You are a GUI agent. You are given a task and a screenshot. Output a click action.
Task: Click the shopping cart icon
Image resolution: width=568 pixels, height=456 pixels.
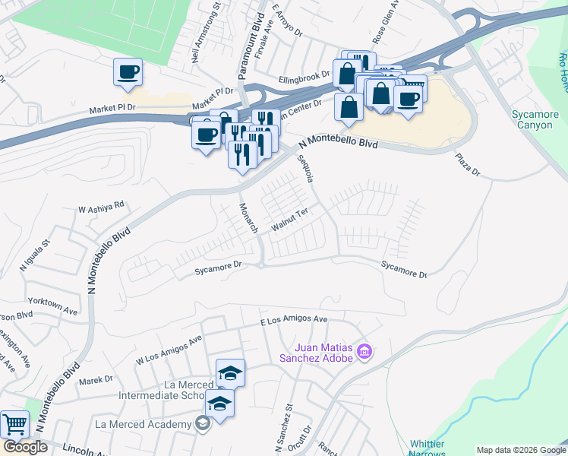(14, 424)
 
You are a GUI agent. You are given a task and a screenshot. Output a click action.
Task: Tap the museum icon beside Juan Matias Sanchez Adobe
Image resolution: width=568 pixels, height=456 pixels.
(364, 351)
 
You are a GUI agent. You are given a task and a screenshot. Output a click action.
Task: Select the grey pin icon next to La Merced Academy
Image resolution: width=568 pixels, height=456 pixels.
(201, 424)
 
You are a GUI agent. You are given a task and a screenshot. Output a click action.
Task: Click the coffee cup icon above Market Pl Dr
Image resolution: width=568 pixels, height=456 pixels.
(128, 72)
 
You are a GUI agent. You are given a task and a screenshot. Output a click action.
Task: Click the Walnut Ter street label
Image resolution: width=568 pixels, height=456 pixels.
(289, 221)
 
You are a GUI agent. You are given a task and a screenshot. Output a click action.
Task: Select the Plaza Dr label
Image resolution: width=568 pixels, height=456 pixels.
(468, 165)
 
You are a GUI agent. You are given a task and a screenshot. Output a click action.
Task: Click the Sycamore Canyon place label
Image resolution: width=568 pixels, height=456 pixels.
(535, 120)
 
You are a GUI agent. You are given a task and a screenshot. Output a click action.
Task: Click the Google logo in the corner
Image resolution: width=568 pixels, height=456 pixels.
(26, 447)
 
